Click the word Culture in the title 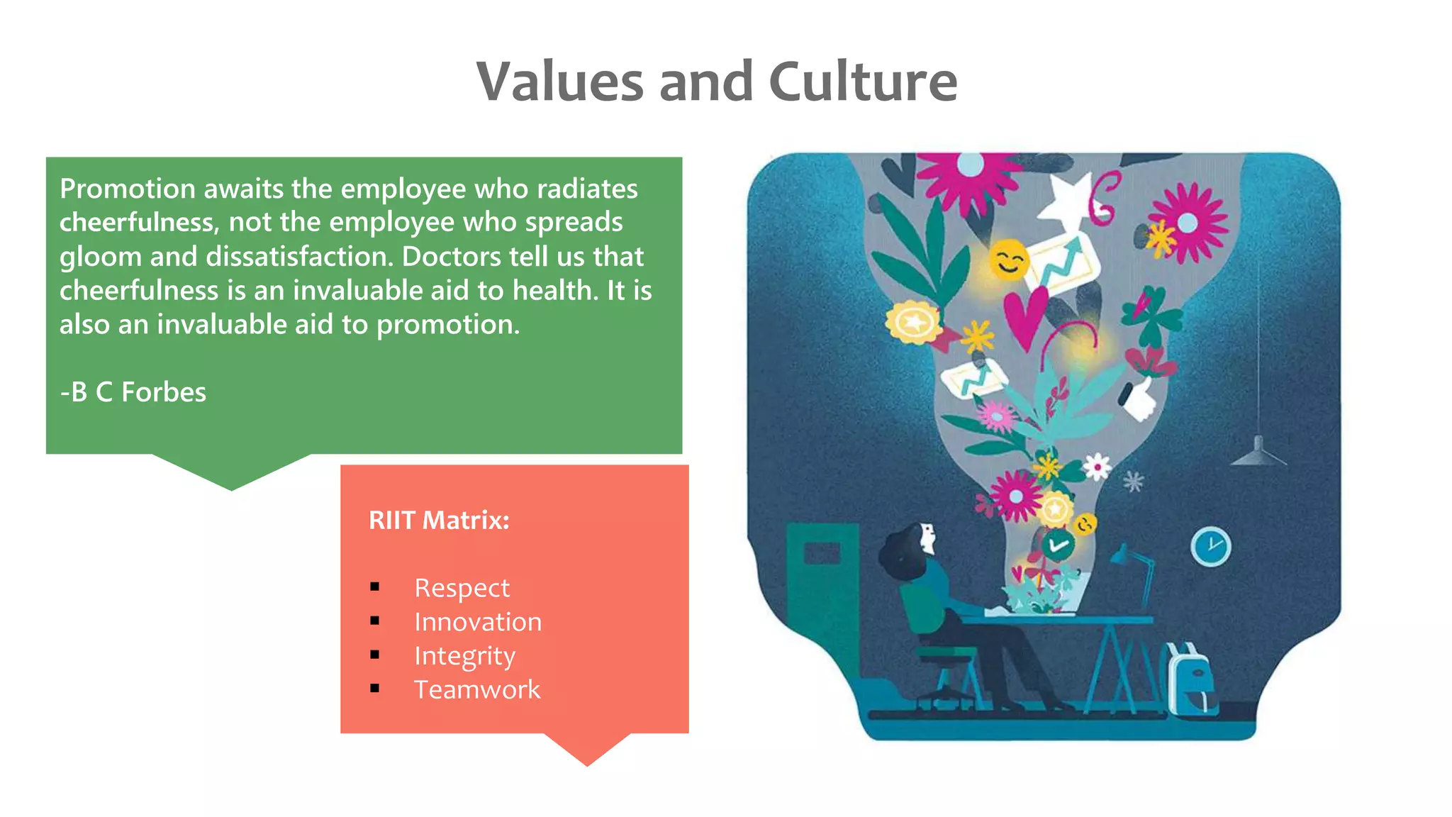coord(863,82)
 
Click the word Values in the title coord(559,82)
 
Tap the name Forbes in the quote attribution coord(164,392)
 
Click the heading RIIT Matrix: coord(439,521)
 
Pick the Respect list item coord(462,588)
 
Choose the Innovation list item coord(478,622)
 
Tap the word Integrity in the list coord(464,656)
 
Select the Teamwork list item coord(477,689)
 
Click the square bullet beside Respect coord(375,587)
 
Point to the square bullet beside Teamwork coord(375,689)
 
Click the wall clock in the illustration coord(1210,546)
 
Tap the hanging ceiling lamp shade coord(1258,454)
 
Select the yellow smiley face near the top coord(1008,260)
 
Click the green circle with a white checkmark coord(1058,545)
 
